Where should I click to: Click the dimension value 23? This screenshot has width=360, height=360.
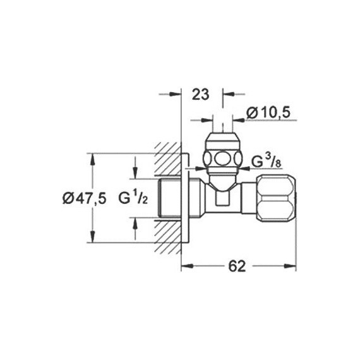(200, 95)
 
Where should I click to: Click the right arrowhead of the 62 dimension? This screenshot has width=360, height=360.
(292, 266)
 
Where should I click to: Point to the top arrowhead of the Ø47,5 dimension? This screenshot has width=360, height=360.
(93, 157)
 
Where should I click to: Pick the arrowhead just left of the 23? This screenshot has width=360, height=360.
(177, 95)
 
